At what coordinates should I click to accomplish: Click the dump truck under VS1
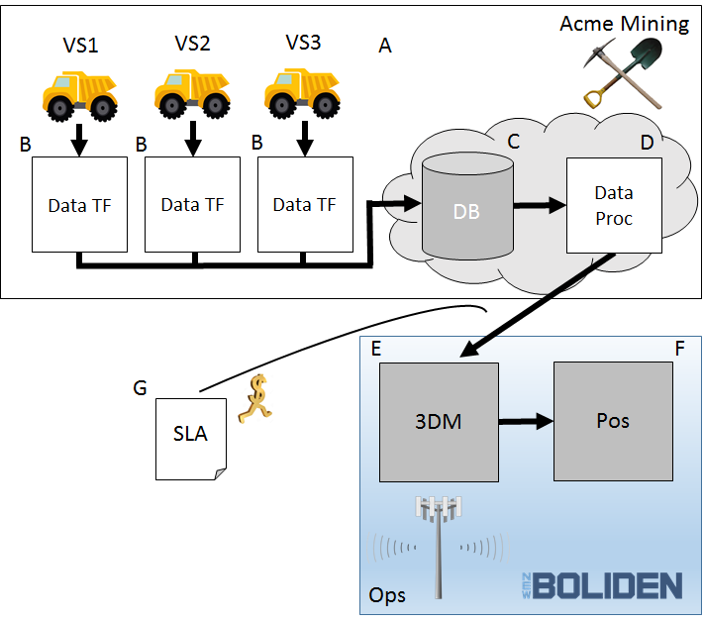80,97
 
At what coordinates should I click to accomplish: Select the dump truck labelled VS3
302,93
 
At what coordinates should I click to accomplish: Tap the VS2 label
193,44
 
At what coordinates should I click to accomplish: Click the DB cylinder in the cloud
467,206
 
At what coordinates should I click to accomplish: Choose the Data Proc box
614,205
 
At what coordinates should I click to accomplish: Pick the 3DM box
439,422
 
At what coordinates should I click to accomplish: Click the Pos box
613,421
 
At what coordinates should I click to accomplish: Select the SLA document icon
191,439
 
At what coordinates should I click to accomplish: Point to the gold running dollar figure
255,399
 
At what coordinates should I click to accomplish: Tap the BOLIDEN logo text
602,585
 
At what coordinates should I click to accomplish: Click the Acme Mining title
624,24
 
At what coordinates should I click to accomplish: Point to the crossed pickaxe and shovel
623,73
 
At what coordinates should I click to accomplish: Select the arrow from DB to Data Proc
540,205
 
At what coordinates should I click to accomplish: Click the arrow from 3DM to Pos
526,421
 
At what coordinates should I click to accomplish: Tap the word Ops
387,595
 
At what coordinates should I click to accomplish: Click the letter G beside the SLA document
140,387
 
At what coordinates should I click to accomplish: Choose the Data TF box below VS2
193,204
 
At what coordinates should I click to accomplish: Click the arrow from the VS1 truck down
79,140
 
